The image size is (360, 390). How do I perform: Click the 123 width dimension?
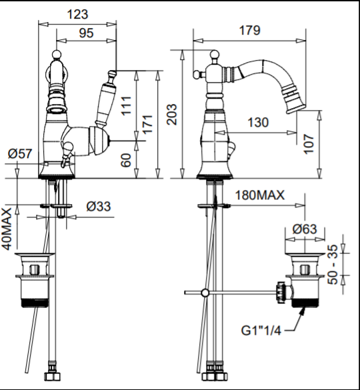pyautogui.click(x=77, y=15)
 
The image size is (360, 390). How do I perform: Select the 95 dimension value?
pyautogui.click(x=86, y=33)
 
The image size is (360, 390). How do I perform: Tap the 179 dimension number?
pyautogui.click(x=249, y=31)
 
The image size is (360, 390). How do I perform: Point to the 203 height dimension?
pyautogui.click(x=172, y=114)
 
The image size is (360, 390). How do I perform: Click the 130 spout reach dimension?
pyautogui.click(x=258, y=123)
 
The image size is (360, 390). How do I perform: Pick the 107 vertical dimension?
pyautogui.click(x=309, y=144)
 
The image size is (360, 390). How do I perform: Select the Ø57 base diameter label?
pyautogui.click(x=20, y=154)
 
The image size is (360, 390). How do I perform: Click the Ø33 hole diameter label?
pyautogui.click(x=99, y=207)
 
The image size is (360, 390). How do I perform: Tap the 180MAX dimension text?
pyautogui.click(x=260, y=195)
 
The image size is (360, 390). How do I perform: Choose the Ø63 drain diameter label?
pyautogui.click(x=305, y=229)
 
